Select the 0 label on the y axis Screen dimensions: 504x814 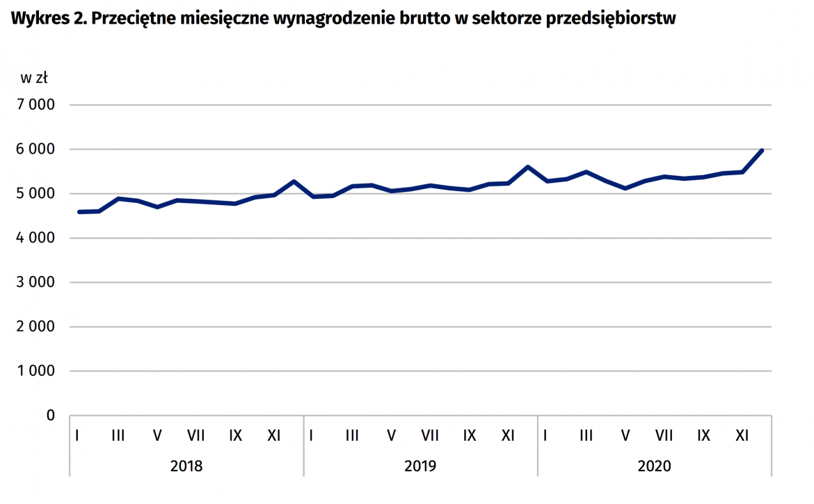49,416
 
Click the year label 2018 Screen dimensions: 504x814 186,466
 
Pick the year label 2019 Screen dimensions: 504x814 420,466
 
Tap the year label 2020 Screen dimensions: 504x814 654,466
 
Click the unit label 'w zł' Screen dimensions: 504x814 33,78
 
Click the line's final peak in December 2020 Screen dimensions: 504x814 763,150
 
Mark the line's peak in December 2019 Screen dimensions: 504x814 528,167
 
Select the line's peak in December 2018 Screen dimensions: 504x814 294,181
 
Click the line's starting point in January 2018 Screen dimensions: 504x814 79,212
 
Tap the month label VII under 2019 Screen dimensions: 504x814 430,436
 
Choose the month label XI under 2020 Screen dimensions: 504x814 742,436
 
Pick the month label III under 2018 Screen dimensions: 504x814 118,436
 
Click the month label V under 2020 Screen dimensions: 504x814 625,436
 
